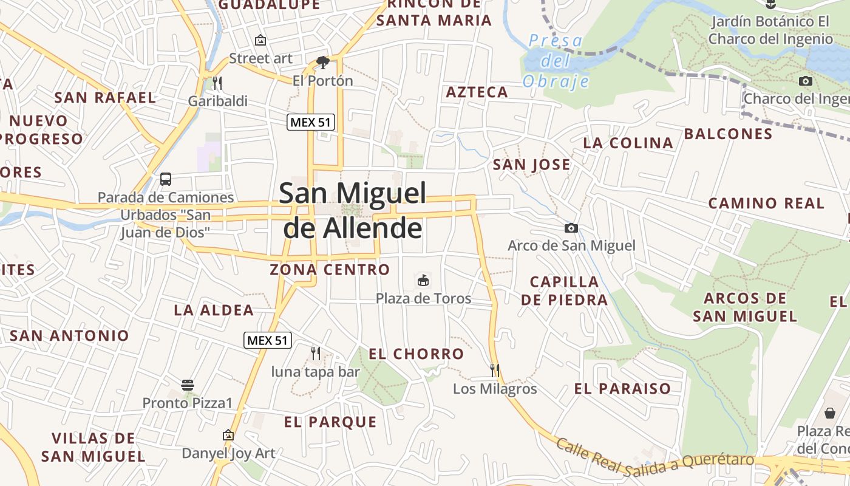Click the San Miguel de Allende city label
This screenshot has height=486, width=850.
tap(353, 210)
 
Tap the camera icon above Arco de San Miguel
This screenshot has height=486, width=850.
tap(571, 228)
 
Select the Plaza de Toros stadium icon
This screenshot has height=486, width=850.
tap(423, 281)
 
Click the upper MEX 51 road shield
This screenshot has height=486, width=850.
tap(310, 122)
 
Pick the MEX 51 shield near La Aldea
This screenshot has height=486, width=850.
tap(268, 340)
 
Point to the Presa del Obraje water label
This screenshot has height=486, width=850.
tap(556, 61)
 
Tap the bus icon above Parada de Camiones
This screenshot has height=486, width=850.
tap(165, 179)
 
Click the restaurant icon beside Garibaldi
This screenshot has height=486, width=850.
tap(217, 83)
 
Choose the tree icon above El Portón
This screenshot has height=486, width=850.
tap(323, 62)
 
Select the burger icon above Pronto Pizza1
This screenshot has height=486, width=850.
tap(188, 385)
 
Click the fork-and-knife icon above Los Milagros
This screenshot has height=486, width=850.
tap(495, 370)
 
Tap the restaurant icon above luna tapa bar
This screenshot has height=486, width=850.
tap(315, 353)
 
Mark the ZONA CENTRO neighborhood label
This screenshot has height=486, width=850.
tap(330, 269)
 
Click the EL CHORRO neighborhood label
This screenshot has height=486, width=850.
tap(416, 354)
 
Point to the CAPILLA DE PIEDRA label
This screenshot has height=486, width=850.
tap(564, 290)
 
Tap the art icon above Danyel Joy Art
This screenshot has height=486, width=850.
tap(228, 435)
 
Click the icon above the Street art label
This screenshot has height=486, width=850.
tap(260, 40)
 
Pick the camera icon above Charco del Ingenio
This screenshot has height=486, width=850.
tap(805, 81)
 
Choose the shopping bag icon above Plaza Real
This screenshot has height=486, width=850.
tap(830, 413)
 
